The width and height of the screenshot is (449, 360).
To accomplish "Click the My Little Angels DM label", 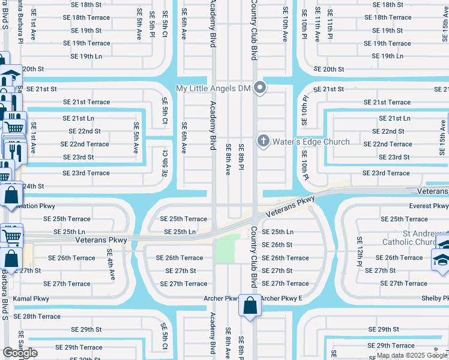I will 212,88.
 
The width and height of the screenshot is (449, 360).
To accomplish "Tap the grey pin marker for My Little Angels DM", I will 260,88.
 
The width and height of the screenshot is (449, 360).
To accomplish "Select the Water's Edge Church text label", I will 311,142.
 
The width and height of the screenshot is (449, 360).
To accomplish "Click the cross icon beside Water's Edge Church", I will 263,142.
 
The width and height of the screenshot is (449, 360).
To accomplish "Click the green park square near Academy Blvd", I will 224,249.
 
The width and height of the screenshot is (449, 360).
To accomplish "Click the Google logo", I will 20,353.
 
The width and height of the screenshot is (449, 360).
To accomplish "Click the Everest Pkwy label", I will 420,206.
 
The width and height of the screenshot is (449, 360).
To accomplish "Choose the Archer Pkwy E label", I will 282,298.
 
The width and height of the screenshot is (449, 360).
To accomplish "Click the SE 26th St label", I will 277,245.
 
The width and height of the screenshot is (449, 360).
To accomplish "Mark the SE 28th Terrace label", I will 37,316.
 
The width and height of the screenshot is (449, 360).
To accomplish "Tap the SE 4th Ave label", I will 110,266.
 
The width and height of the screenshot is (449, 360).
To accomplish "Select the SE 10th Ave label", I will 285,24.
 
